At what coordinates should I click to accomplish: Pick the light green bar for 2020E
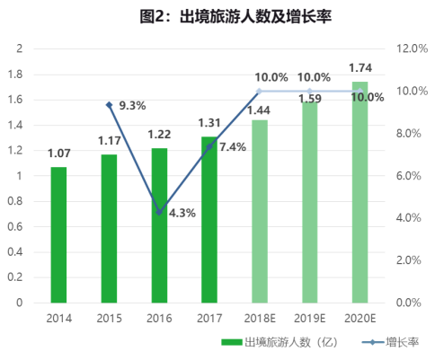(x=360, y=193)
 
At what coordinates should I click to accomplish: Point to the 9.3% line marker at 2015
(x=110, y=105)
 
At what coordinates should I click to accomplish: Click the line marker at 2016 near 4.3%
(x=159, y=212)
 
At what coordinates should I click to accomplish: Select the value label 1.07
(x=58, y=154)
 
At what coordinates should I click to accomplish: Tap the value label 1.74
(x=360, y=69)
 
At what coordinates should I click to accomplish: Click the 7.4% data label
(x=232, y=146)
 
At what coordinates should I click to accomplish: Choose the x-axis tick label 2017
(x=209, y=318)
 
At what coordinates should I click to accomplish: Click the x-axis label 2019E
(x=310, y=318)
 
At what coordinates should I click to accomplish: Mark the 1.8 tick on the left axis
(x=17, y=74)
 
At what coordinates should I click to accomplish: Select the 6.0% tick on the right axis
(x=409, y=176)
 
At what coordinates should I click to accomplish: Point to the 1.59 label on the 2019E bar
(x=310, y=93)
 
